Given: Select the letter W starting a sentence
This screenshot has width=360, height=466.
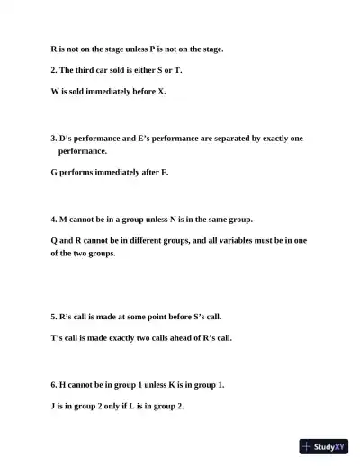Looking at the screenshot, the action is coord(55,92).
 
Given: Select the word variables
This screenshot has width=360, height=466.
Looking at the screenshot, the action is coord(229,240).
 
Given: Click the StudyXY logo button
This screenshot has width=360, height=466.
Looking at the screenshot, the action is coord(323,446).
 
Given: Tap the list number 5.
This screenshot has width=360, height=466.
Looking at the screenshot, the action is coord(53,317).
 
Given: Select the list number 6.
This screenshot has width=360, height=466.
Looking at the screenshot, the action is coord(53,384).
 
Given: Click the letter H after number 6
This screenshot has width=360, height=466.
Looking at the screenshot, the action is coord(64,384).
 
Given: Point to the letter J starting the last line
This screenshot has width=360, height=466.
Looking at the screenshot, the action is coord(53,406).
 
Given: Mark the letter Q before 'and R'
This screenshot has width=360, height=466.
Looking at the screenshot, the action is coord(55,240).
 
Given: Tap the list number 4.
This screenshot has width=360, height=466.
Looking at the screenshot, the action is coord(53,219).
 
